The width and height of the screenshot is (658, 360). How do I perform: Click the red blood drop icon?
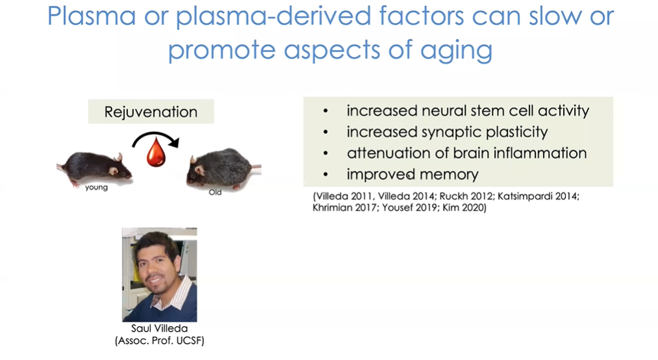point(156,152)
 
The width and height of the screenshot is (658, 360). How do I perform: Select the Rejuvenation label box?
point(151,112)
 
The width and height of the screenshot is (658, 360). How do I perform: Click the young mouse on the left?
point(95,169)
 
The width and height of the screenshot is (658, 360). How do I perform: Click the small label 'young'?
point(97,187)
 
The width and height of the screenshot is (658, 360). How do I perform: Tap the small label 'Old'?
point(215,192)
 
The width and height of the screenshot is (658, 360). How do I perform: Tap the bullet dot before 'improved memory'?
point(325,175)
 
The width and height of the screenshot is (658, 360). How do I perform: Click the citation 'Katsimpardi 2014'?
point(538,196)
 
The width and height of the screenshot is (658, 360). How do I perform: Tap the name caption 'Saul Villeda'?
point(159,329)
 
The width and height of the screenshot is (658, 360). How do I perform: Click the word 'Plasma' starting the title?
point(92,16)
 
